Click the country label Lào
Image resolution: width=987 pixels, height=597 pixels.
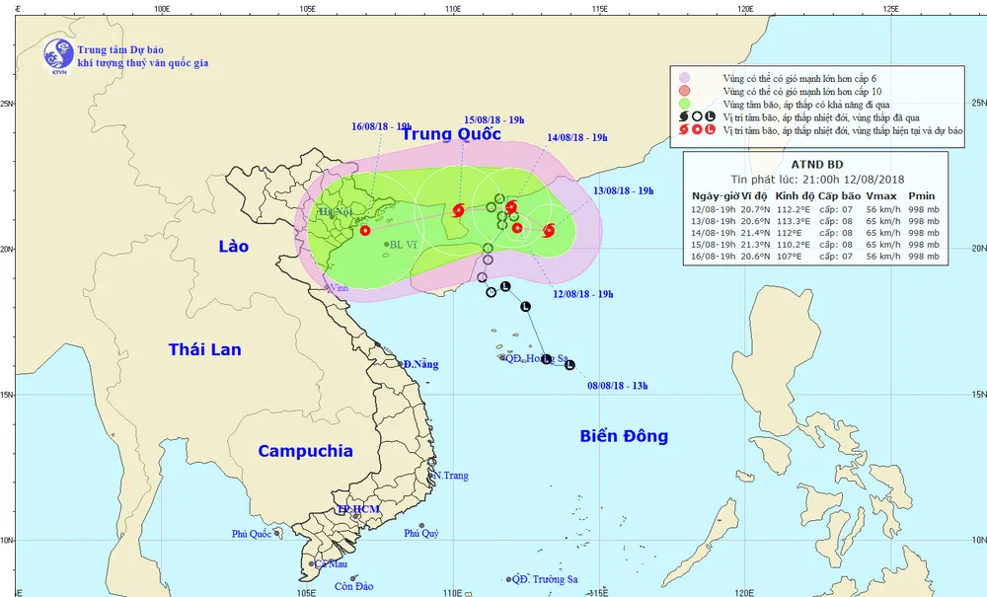233,246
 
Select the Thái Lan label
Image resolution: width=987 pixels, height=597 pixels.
204,349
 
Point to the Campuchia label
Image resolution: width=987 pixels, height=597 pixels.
305,451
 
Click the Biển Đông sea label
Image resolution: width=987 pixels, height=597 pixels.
624,436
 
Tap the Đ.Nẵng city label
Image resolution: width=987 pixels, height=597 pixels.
419,364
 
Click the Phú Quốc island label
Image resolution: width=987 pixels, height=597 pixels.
252,534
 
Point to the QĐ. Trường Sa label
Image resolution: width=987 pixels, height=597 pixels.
545,580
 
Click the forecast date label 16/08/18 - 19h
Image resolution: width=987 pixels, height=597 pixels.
381,126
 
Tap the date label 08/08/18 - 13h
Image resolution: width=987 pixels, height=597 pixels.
617,385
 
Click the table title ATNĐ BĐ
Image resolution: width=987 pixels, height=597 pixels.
814,163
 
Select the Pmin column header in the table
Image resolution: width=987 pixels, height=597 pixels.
921,195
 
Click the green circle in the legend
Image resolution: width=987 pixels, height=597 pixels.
683,104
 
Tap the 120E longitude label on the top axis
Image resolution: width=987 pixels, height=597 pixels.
745,8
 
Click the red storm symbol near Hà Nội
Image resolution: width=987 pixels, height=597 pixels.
365,230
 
